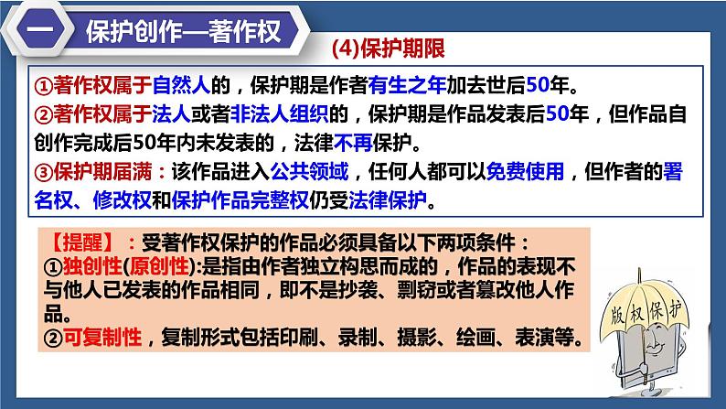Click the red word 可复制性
(x=101, y=339)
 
